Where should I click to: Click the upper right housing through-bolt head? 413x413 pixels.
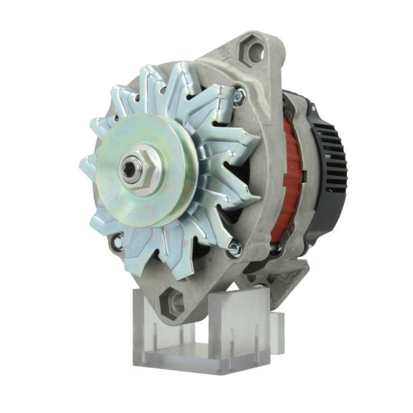pos(239,95)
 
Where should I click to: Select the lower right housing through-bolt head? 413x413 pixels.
pos(234,248)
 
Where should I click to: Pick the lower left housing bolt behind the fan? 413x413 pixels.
pos(117,243)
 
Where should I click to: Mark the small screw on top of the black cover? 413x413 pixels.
pos(313,108)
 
